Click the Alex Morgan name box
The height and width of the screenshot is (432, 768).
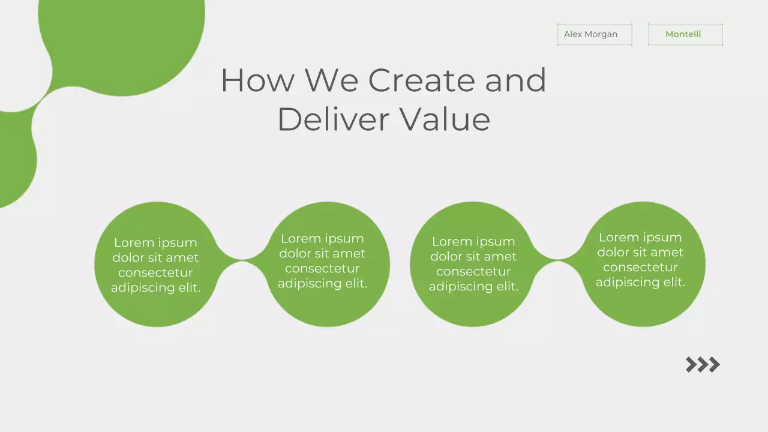pos(594,34)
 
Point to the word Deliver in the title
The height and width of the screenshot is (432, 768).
pos(333,119)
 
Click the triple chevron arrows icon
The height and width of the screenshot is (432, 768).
pos(703,364)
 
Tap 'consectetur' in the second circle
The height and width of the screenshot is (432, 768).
pos(322,268)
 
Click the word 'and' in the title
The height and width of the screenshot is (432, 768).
pos(515,80)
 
